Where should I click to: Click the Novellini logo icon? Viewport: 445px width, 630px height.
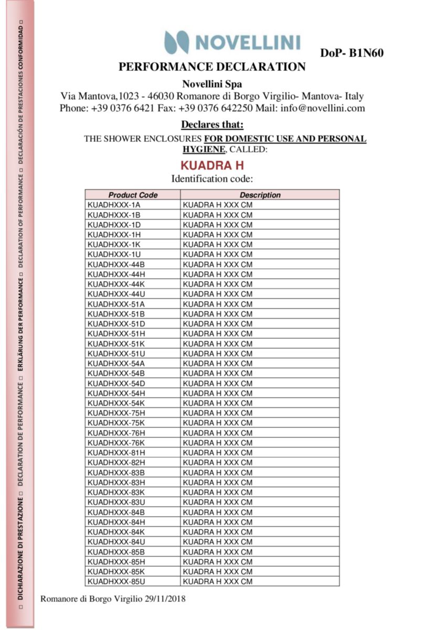click(x=176, y=42)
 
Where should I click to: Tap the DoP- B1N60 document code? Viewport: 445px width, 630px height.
click(x=352, y=53)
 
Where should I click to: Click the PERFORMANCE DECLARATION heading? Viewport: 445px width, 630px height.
click(x=212, y=67)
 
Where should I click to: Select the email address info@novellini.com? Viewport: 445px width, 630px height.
click(x=322, y=109)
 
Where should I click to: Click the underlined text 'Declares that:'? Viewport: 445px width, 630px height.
click(x=212, y=124)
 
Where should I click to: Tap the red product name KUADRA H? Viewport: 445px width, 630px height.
click(x=213, y=166)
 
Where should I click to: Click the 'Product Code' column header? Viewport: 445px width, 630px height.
click(x=133, y=195)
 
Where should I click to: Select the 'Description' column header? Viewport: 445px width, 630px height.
click(x=260, y=195)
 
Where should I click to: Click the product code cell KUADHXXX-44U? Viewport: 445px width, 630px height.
click(x=116, y=294)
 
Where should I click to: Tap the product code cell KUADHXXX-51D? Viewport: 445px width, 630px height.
click(x=116, y=324)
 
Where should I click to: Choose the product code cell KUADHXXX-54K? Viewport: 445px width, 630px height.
click(x=116, y=403)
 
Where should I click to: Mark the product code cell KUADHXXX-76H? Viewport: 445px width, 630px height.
click(x=116, y=433)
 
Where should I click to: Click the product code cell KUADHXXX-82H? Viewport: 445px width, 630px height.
click(x=116, y=463)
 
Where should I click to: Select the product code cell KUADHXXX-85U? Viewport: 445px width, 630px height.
click(x=116, y=582)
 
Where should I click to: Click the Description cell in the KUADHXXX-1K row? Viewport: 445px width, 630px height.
click(x=217, y=245)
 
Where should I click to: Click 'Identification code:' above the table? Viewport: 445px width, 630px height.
click(x=212, y=179)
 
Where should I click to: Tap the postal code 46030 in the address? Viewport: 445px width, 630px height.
click(x=162, y=96)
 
